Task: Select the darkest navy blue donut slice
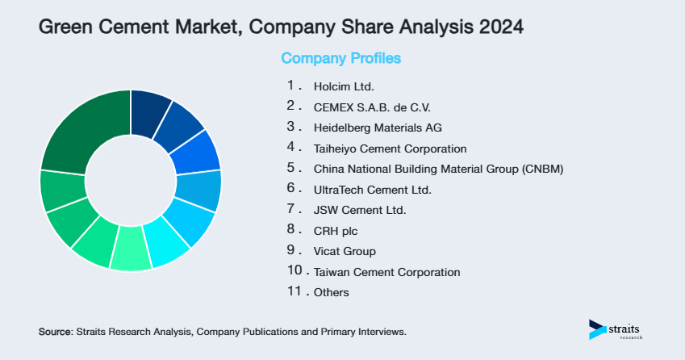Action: (149, 107)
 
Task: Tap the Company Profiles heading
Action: (340, 58)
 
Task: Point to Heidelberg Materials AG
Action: (378, 128)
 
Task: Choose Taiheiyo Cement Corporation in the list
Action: (391, 149)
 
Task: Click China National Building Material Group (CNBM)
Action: (438, 170)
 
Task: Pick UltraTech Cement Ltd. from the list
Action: (373, 190)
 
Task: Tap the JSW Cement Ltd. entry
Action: (360, 211)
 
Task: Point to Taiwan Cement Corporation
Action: (386, 273)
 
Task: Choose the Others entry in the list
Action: (332, 293)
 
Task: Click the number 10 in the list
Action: (294, 272)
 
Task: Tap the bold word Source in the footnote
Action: (55, 332)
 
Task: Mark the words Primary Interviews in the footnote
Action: (367, 332)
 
